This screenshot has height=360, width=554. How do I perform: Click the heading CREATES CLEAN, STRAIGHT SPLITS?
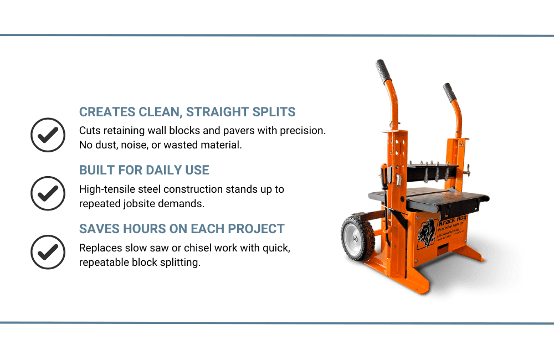click(x=187, y=112)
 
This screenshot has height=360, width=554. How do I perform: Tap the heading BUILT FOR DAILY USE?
click(x=144, y=170)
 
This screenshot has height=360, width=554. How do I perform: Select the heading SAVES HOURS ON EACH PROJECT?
click(x=182, y=229)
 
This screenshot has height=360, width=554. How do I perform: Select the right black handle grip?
click(x=449, y=92)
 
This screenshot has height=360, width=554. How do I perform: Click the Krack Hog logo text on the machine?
click(x=453, y=219)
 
